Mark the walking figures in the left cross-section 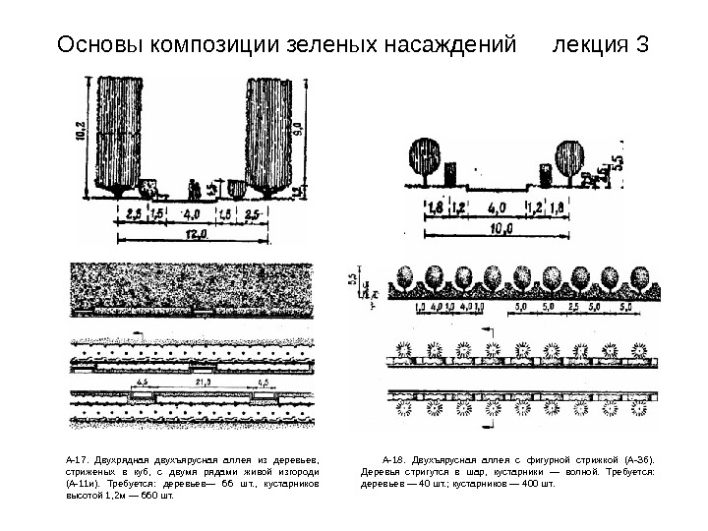194,188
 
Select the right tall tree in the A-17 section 270,133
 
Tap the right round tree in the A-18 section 569,157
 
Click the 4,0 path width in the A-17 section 192,212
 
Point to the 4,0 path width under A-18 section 498,208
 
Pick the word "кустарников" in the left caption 291,485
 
